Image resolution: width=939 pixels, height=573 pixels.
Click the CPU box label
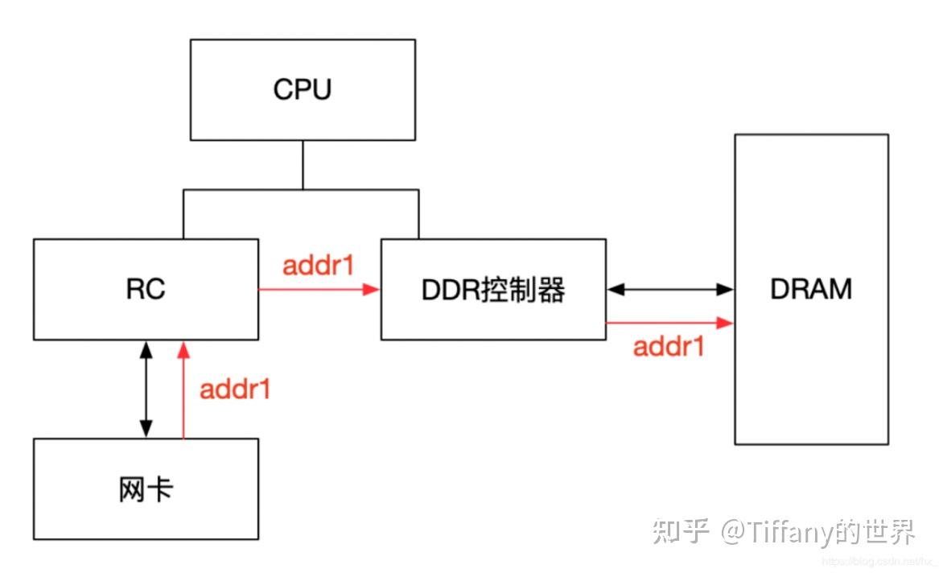click(x=303, y=89)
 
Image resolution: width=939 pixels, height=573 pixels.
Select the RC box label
click(x=146, y=289)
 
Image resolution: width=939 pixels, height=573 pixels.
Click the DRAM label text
click(x=810, y=289)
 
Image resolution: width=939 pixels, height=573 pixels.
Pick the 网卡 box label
click(x=146, y=489)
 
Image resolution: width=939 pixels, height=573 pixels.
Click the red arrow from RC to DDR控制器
click(x=318, y=289)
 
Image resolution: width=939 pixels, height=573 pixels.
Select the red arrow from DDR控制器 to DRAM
click(x=668, y=323)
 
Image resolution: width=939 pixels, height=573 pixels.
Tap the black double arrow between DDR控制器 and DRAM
click(x=670, y=289)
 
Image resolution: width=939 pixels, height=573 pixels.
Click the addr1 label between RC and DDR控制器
click(x=318, y=266)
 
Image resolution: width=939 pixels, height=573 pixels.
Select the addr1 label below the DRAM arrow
click(x=669, y=347)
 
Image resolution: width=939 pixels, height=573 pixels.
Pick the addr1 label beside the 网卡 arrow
click(x=235, y=390)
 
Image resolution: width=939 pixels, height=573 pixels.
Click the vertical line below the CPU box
click(x=303, y=164)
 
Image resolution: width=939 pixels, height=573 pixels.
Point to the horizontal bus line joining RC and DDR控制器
click(x=301, y=190)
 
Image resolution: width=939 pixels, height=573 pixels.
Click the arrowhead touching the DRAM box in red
click(x=727, y=323)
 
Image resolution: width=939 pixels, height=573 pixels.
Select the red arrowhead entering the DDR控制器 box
click(x=372, y=289)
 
